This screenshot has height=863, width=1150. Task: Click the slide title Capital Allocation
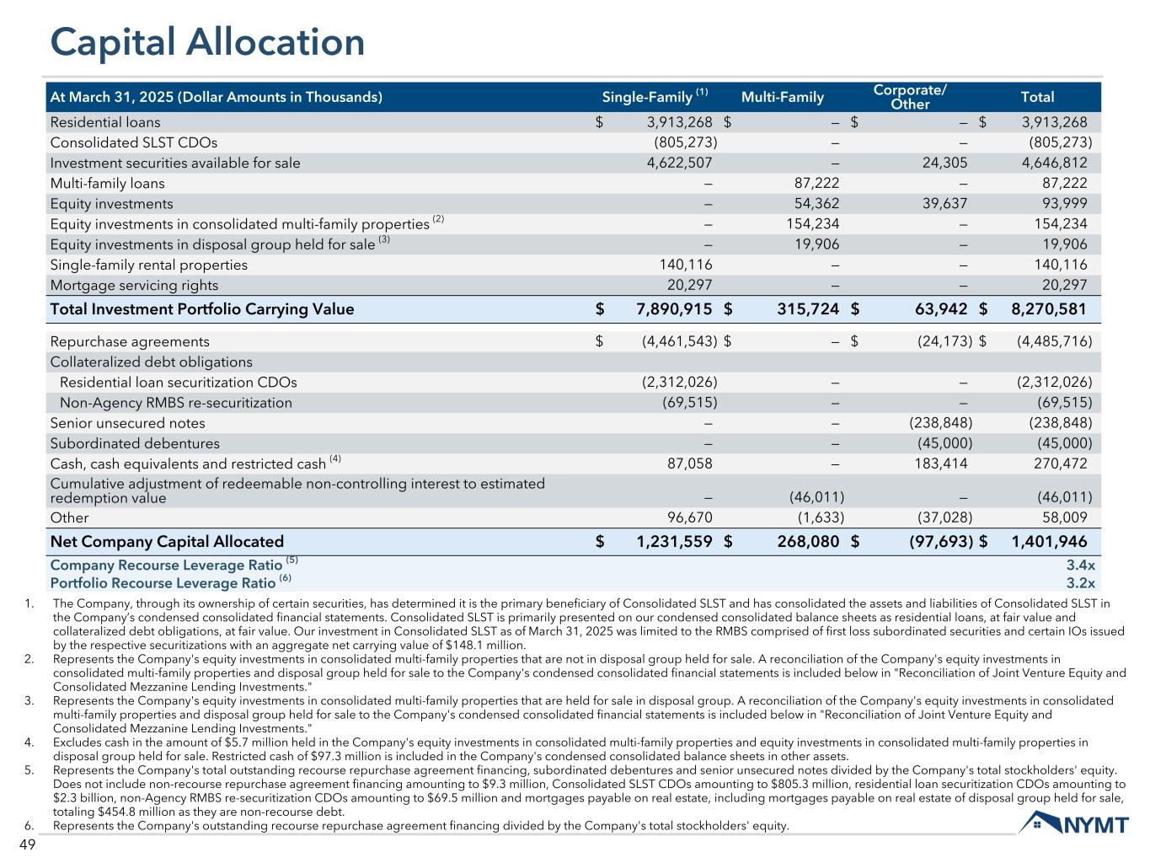207,43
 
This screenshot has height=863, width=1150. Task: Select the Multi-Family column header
782,97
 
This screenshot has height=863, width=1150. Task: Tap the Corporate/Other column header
910,97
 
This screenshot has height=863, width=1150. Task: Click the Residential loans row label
105,122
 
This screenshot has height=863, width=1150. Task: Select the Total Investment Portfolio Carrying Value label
202,308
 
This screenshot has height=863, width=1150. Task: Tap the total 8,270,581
1048,308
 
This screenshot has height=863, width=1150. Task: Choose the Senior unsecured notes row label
127,423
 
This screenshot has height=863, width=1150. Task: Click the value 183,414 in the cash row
941,464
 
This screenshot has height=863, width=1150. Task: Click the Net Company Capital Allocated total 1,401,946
1048,541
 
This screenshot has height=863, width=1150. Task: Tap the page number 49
26,845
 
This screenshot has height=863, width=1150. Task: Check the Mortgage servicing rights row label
134,285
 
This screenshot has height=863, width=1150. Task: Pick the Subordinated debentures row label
135,443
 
